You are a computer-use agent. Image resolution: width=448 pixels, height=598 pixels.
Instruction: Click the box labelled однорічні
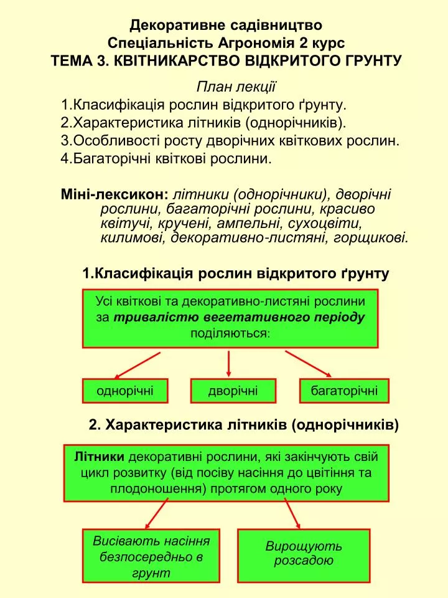(x=125, y=391)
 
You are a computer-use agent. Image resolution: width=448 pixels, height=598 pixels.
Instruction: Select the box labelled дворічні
(x=233, y=391)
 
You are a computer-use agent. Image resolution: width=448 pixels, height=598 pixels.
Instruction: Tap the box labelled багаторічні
(x=344, y=391)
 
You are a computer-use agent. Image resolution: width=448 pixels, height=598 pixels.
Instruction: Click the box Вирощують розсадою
(x=304, y=555)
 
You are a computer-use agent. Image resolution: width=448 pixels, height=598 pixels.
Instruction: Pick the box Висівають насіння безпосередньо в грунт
(x=151, y=555)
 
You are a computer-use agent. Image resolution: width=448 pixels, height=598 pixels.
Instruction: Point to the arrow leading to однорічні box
(x=137, y=366)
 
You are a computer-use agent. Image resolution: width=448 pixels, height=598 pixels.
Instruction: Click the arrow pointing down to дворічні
(x=228, y=364)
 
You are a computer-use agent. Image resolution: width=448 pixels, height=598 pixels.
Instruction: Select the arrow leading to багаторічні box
(x=308, y=364)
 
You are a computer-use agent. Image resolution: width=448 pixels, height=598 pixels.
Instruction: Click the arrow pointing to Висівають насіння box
(x=157, y=514)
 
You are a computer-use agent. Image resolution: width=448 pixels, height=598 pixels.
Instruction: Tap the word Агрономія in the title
(x=256, y=43)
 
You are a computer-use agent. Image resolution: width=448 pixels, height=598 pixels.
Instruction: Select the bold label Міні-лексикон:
(x=114, y=194)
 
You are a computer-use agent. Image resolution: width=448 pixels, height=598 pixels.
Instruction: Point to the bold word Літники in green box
(x=100, y=457)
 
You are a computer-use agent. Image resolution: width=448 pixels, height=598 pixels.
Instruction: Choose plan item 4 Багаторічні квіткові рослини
(x=166, y=159)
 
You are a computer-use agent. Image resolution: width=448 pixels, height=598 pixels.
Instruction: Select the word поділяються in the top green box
(x=230, y=334)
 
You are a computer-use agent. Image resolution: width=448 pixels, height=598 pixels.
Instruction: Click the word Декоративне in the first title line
(x=177, y=25)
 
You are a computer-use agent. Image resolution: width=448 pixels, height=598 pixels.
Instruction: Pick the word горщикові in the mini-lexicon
(x=371, y=238)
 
